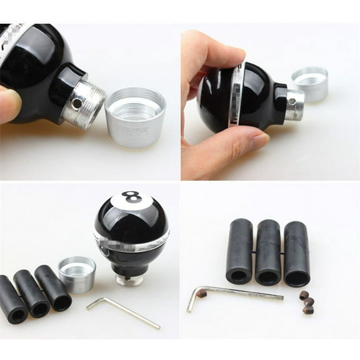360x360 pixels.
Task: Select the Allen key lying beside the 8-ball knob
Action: click(125, 313)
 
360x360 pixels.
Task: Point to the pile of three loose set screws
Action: click(306, 301)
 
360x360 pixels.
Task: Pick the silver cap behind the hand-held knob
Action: click(310, 83)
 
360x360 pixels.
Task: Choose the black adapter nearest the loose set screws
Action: click(296, 253)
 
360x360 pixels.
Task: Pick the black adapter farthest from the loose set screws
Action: click(239, 250)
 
